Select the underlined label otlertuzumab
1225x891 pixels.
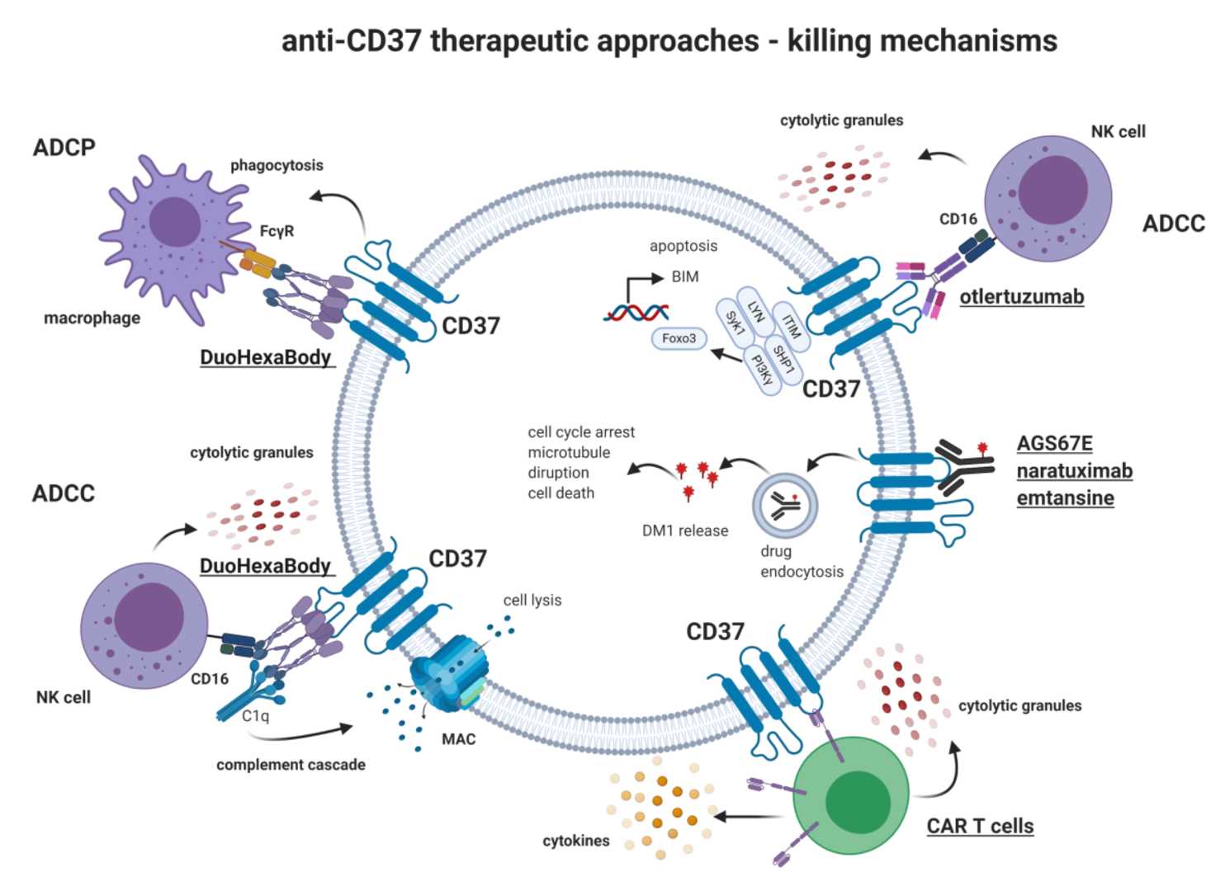(1021, 297)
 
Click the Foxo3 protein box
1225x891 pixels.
(679, 338)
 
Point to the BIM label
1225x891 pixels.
(685, 276)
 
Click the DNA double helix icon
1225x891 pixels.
(636, 313)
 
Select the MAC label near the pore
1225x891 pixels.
(458, 739)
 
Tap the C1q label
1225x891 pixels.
(255, 716)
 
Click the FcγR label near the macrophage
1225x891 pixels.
(277, 231)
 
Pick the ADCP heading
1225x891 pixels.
(64, 148)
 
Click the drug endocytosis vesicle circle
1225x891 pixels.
(785, 506)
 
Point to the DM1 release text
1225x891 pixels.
(685, 531)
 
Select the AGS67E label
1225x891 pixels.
(1054, 444)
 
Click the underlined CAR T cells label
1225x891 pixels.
(980, 826)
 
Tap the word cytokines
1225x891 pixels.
(576, 841)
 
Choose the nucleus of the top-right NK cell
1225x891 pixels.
(1052, 191)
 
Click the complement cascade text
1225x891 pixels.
(291, 765)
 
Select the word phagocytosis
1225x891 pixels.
(277, 165)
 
